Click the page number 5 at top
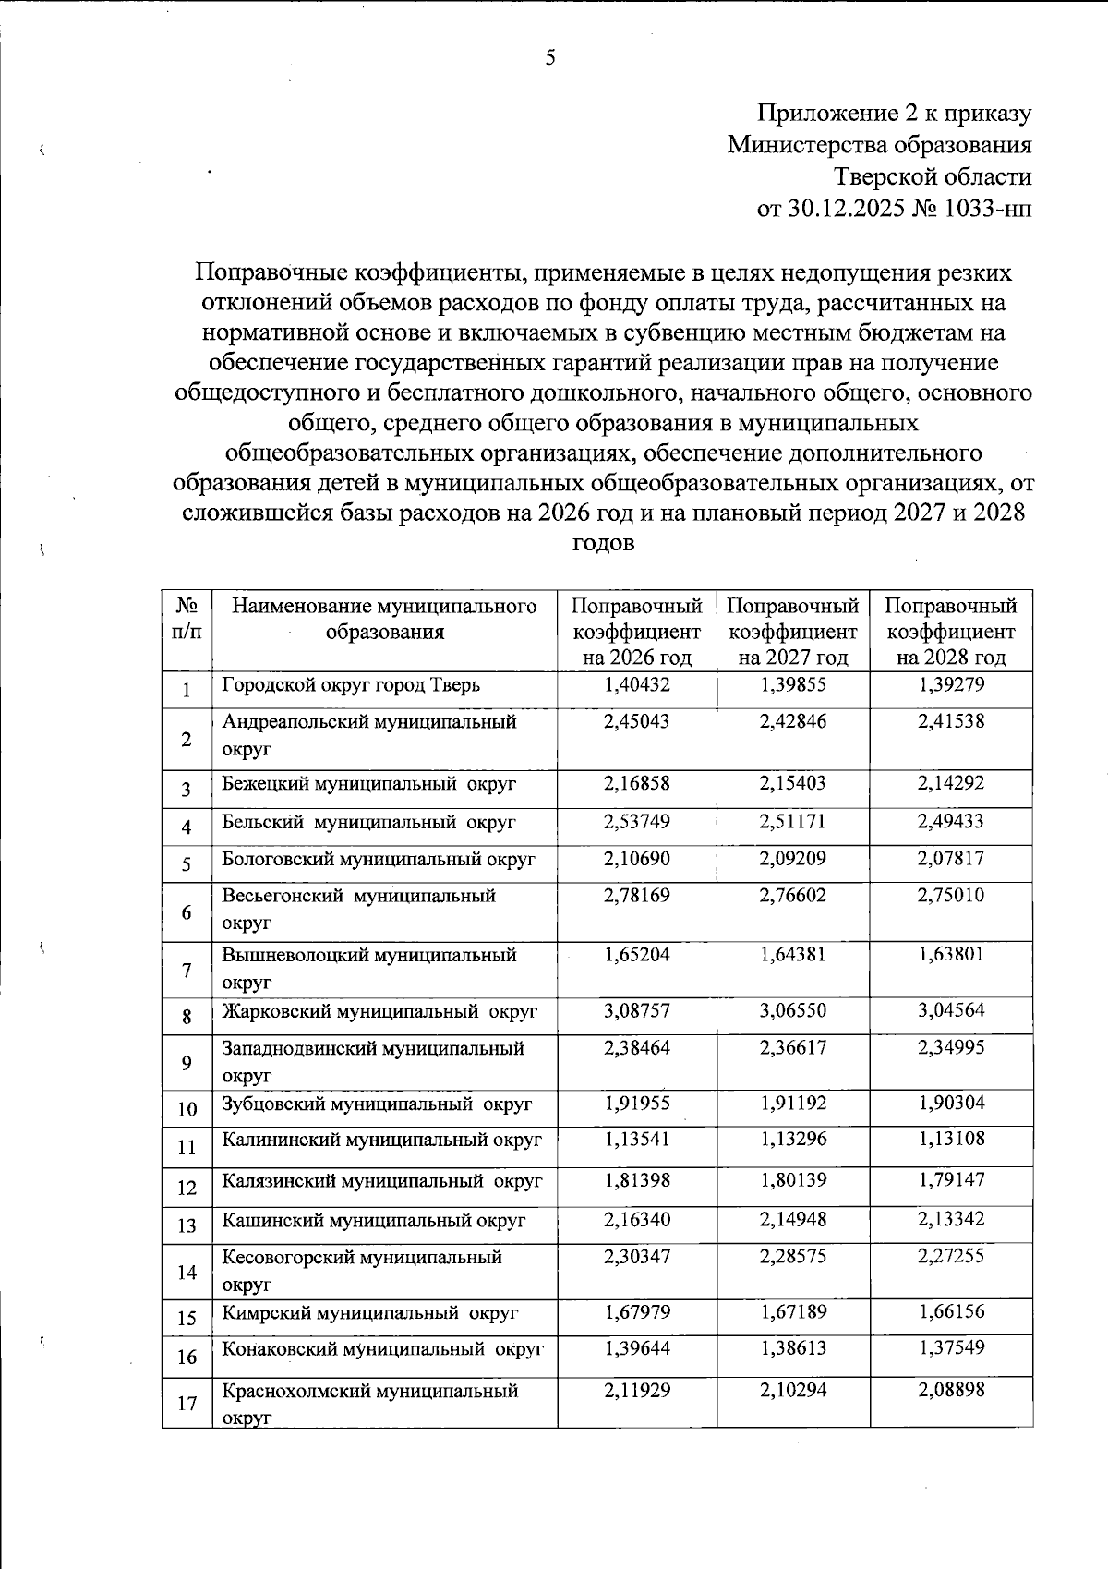click(550, 59)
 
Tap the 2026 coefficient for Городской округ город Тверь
click(636, 684)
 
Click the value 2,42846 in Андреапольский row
click(793, 721)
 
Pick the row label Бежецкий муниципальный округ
click(368, 784)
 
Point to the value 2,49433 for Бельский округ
click(950, 821)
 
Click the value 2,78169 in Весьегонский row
click(636, 895)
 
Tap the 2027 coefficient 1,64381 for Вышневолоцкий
click(793, 955)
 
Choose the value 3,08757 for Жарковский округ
click(636, 1010)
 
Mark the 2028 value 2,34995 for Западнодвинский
click(950, 1047)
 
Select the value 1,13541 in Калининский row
click(636, 1139)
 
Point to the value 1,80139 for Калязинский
click(793, 1179)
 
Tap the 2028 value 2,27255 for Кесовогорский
click(950, 1256)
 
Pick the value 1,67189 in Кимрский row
click(793, 1311)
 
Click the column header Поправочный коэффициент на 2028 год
click(950, 632)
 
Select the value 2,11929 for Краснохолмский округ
click(636, 1390)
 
